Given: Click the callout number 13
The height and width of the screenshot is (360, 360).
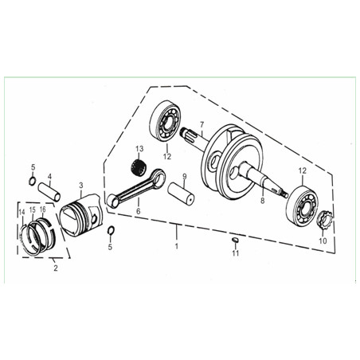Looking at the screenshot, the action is [139, 149].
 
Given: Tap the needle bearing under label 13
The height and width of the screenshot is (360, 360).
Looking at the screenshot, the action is [139, 166].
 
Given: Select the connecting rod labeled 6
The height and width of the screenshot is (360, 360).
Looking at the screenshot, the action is [135, 188].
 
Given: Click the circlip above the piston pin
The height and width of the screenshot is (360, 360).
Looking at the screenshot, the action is [32, 181].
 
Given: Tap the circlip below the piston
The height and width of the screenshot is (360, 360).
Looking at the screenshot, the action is [111, 230].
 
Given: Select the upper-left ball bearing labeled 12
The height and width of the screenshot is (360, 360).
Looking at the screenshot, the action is [166, 120].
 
